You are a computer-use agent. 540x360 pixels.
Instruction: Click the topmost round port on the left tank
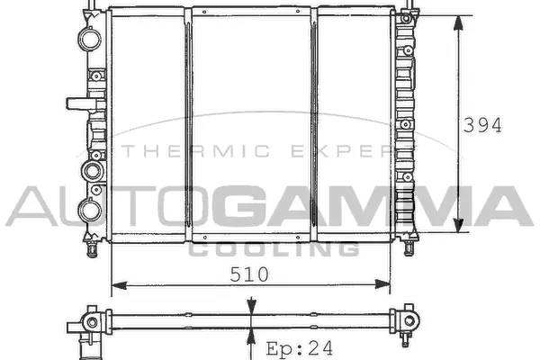pyautogui.click(x=89, y=39)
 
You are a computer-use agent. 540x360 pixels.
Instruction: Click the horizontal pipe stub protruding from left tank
pyautogui.click(x=77, y=103)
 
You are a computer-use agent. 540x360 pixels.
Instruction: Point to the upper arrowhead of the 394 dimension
pyautogui.click(x=460, y=23)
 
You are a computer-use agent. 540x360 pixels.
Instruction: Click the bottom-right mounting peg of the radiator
pyautogui.click(x=409, y=244)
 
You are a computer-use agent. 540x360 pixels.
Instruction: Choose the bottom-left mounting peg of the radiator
pyautogui.click(x=91, y=244)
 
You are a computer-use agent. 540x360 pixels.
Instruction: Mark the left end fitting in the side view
pyautogui.click(x=89, y=321)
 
